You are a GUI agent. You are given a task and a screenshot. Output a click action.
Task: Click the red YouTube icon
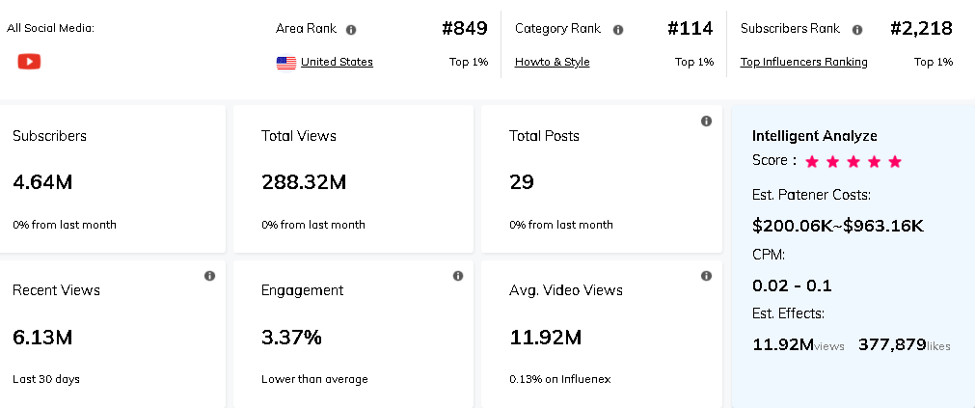pyautogui.click(x=29, y=62)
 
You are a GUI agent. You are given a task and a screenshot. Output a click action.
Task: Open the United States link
pyautogui.click(x=337, y=62)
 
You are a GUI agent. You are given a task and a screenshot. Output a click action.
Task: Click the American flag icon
pyautogui.click(x=286, y=63)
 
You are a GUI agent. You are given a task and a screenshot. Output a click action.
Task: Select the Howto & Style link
pyautogui.click(x=552, y=62)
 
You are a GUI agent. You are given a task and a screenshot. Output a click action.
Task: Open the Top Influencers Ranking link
pyautogui.click(x=803, y=62)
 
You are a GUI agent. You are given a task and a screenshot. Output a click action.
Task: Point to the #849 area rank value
pyautogui.click(x=465, y=29)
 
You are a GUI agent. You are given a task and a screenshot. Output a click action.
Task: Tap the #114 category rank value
pyautogui.click(x=691, y=29)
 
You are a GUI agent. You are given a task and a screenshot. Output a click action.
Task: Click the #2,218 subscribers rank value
pyautogui.click(x=921, y=29)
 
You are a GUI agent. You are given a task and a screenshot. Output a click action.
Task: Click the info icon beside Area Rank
pyautogui.click(x=351, y=30)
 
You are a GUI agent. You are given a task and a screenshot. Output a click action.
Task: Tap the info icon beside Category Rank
pyautogui.click(x=618, y=30)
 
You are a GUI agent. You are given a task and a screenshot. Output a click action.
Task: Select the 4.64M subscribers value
pyautogui.click(x=42, y=182)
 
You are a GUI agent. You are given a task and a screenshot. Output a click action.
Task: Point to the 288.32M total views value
pyautogui.click(x=304, y=182)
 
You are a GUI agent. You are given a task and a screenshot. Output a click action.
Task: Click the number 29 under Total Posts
pyautogui.click(x=522, y=182)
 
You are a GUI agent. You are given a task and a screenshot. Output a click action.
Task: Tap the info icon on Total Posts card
pyautogui.click(x=706, y=121)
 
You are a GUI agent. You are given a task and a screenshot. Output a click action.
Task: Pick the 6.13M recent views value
pyautogui.click(x=42, y=338)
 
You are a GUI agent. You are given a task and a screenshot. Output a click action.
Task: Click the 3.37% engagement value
pyautogui.click(x=291, y=338)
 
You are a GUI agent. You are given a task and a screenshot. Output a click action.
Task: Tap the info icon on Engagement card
pyautogui.click(x=458, y=276)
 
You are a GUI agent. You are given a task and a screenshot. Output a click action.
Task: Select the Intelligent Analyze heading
pyautogui.click(x=814, y=136)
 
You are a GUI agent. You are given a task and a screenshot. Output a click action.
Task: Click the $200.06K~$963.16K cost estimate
pyautogui.click(x=837, y=226)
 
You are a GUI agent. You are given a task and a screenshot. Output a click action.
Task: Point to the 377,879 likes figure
pyautogui.click(x=892, y=344)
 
